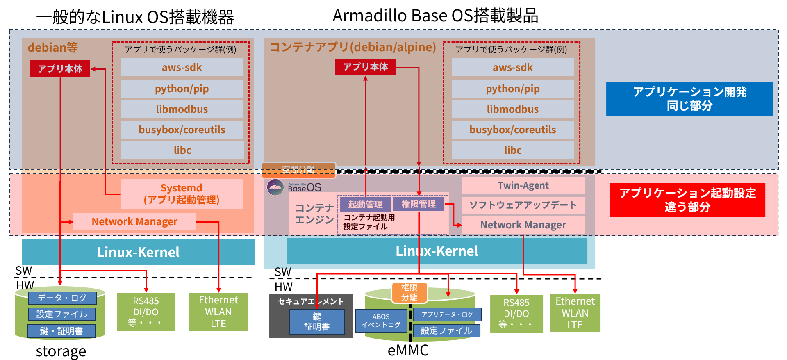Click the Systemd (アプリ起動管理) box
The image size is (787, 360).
point(181,194)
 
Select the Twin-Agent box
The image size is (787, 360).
point(523,186)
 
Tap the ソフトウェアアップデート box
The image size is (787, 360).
point(523,205)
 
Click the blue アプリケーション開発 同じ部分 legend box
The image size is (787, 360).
point(689,99)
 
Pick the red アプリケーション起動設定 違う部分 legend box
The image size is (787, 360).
point(687,200)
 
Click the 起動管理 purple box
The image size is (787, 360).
point(365,204)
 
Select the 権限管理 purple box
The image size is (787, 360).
point(419,204)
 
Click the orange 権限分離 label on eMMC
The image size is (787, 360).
point(409,292)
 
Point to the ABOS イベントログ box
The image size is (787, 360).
point(381,321)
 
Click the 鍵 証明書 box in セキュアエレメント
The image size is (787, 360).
point(317,322)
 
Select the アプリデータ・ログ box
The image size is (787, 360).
point(447,314)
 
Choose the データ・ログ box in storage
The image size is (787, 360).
point(62,298)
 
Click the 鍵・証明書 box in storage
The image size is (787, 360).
point(61,331)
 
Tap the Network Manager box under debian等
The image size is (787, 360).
point(134,222)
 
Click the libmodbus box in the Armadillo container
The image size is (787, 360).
point(512,109)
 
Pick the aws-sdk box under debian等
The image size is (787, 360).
point(182,68)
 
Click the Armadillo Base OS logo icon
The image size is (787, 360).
point(275,187)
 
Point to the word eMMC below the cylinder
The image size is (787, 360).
point(408,351)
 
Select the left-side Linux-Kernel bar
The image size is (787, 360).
point(138,252)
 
